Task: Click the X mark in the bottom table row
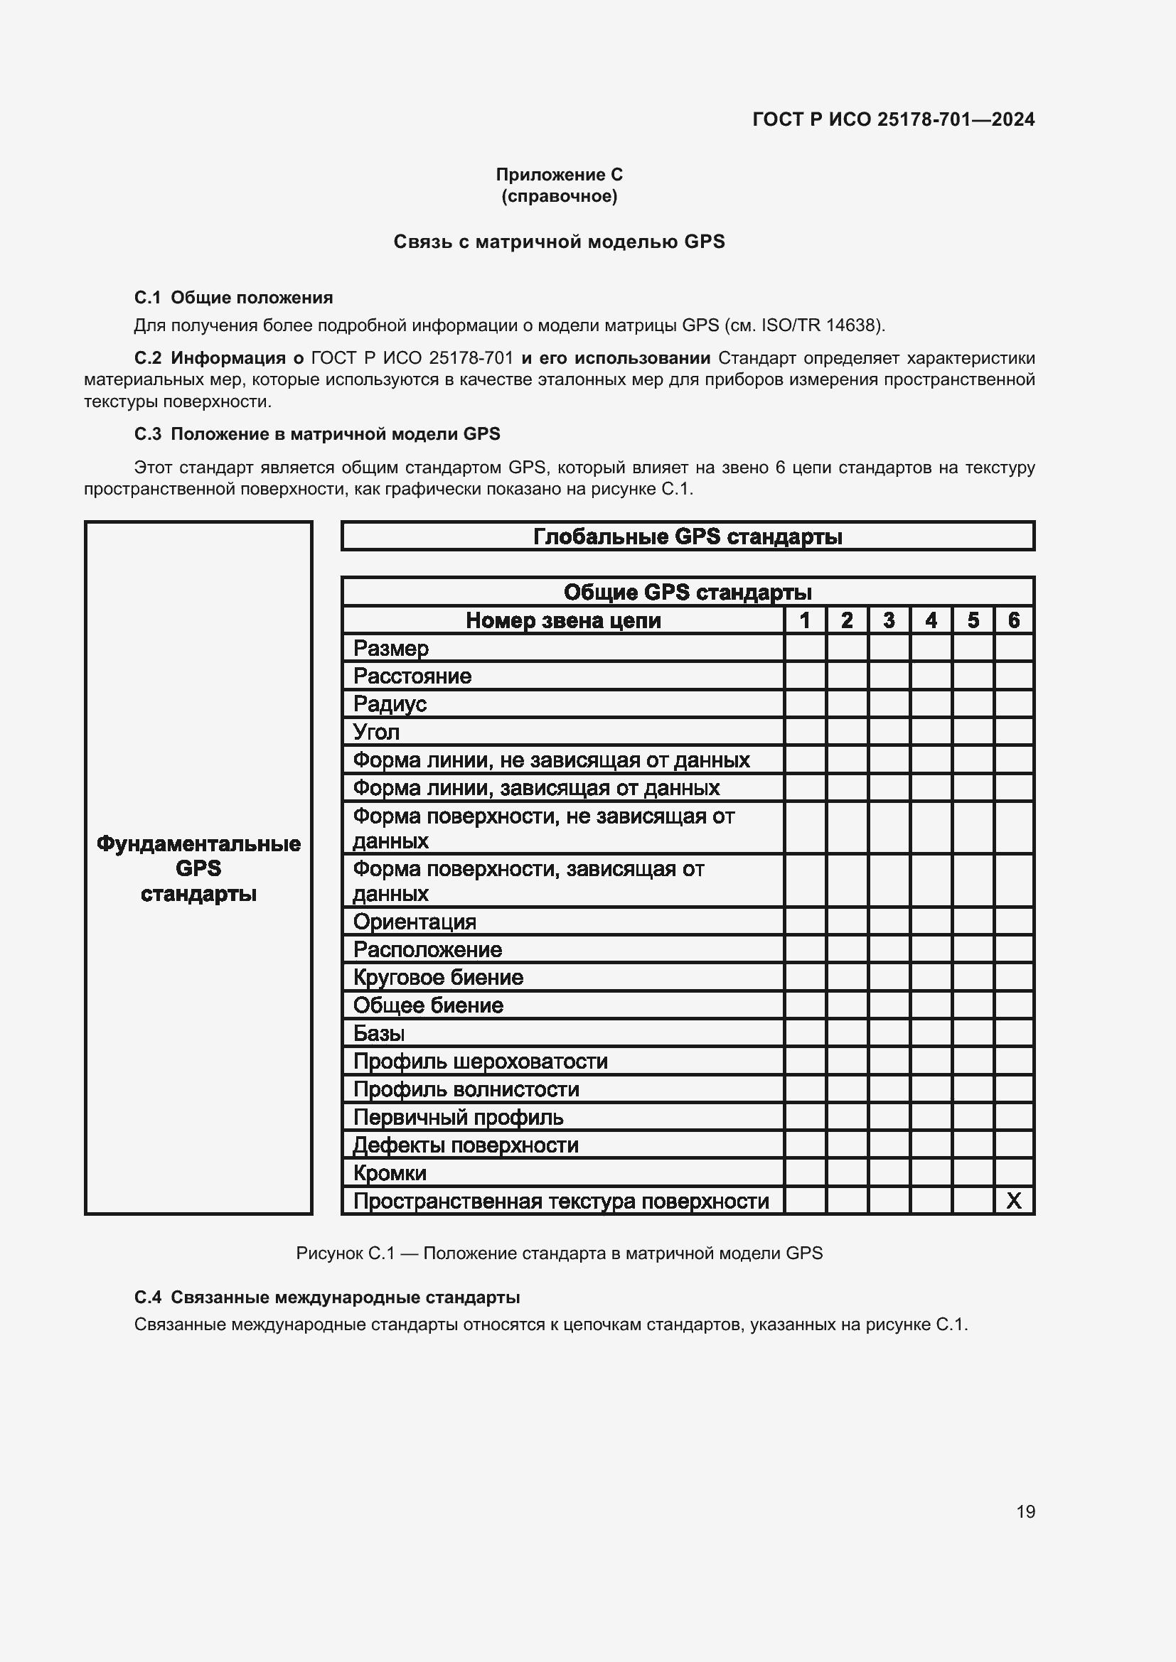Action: coord(1013,1201)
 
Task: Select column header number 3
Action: coord(889,620)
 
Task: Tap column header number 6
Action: coord(1013,620)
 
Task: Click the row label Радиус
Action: coord(390,703)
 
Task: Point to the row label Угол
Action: coord(376,732)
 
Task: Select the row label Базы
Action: coord(378,1033)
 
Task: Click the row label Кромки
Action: coord(390,1172)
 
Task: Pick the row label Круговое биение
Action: coord(437,977)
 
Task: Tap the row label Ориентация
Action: coord(415,922)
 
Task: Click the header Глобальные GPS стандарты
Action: coord(688,536)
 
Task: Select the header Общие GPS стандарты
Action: coord(688,592)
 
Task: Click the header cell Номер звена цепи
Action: coord(562,620)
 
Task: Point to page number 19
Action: coord(1025,1511)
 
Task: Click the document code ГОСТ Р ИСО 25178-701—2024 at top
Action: coord(893,119)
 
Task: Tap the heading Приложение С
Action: coord(559,175)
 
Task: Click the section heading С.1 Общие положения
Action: coord(233,298)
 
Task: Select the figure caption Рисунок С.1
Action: coord(559,1253)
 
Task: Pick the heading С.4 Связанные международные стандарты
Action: coord(326,1297)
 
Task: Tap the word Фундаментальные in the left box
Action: coord(198,843)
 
